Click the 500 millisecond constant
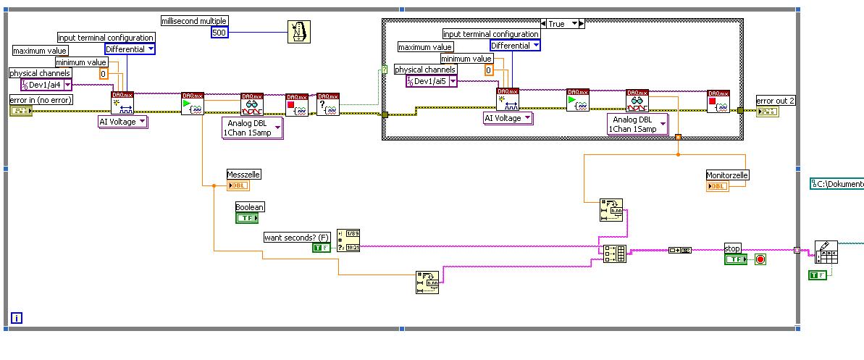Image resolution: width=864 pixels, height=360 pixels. click(219, 32)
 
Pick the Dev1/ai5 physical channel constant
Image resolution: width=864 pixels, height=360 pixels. click(432, 82)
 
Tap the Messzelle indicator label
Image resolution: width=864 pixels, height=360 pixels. click(243, 175)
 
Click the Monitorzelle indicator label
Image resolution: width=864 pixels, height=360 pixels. click(727, 175)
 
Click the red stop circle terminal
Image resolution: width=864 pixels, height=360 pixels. click(760, 259)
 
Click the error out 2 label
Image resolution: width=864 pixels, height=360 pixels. click(776, 101)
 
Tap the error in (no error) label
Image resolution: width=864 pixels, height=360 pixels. click(41, 99)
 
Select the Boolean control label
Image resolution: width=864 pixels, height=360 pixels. click(250, 206)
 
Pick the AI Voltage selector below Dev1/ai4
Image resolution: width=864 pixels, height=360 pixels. click(122, 122)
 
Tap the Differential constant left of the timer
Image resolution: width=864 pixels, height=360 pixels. click(130, 49)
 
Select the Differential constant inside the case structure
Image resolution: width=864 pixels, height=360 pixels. click(515, 46)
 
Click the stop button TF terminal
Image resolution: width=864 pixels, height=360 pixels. click(735, 259)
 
